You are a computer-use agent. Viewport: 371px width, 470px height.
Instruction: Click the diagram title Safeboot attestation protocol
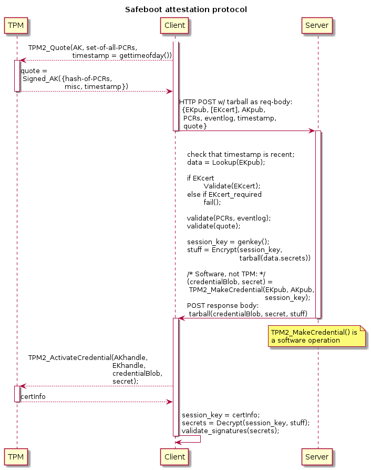(185, 9)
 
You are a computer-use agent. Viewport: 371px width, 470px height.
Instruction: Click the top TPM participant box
(16, 26)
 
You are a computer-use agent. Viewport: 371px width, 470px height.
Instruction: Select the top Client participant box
(175, 26)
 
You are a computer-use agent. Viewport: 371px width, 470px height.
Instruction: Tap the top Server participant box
(317, 26)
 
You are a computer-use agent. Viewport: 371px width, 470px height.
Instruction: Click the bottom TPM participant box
(16, 457)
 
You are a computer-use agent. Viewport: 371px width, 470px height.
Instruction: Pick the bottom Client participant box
(175, 457)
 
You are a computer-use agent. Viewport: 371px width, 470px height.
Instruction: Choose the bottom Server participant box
(317, 457)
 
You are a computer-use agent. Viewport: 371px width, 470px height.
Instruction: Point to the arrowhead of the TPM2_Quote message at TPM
(22, 60)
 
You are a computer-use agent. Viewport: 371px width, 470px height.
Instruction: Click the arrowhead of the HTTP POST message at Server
(312, 131)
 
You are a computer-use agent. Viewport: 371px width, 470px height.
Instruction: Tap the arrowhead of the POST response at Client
(182, 318)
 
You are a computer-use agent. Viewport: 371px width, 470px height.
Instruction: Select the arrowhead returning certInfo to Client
(169, 402)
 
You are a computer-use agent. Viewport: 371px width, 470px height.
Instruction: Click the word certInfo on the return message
(33, 396)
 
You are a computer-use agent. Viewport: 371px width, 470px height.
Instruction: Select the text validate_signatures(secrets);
(230, 431)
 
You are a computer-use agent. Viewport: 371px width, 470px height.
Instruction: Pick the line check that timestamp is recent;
(241, 154)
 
